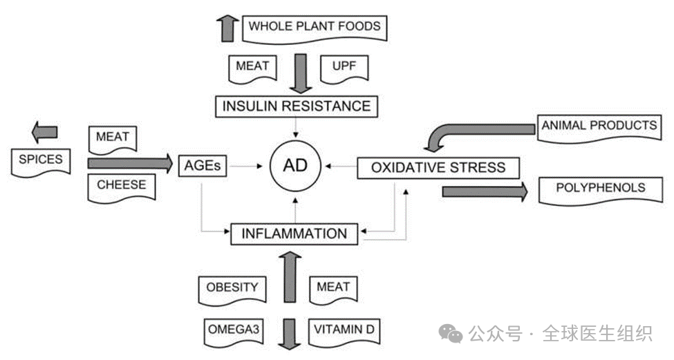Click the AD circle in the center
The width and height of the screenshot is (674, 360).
coord(296,166)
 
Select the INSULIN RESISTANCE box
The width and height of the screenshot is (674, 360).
coord(296,106)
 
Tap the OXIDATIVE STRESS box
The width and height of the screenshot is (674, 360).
coord(438,167)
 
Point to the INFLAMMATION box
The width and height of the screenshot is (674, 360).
coord(294,234)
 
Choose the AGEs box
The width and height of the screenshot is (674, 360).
coord(203,166)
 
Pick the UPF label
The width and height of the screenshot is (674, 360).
coord(345,67)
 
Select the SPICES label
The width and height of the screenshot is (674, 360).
coord(40,160)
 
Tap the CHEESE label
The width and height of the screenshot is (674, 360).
coord(122,185)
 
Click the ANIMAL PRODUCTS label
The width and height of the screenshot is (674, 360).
coord(599,126)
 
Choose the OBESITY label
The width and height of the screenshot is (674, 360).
coord(232,287)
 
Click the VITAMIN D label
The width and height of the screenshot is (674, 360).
coord(344,330)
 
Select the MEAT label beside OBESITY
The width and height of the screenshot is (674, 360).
coord(333,287)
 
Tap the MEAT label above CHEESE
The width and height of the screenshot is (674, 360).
coord(113,138)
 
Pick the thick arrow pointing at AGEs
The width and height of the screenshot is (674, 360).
coord(129,163)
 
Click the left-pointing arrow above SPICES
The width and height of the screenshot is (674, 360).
coord(45,131)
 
